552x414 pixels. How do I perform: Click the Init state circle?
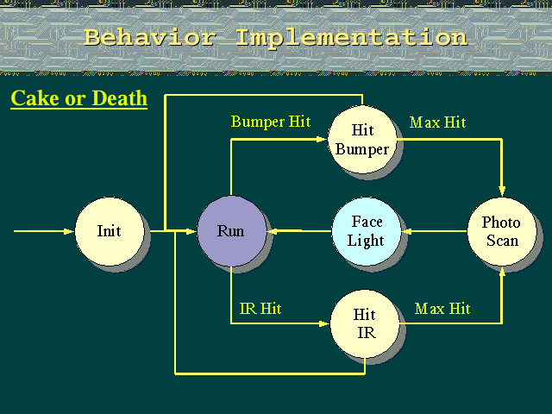tap(110, 231)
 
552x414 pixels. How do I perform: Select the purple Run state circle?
tap(232, 231)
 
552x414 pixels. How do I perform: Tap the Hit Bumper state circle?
tap(362, 140)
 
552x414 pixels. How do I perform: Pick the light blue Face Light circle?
tap(367, 231)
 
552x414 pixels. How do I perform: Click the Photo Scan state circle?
tap(502, 231)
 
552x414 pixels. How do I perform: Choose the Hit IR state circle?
tap(365, 323)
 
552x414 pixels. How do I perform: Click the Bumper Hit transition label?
tap(271, 122)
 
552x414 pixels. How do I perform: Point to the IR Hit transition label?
tap(260, 309)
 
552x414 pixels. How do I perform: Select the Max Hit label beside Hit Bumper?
tap(437, 122)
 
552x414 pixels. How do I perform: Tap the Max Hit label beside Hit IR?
tap(442, 309)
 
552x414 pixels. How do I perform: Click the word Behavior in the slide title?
tap(149, 37)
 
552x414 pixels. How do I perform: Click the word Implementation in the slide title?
tap(351, 37)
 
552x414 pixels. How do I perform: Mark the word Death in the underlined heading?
tap(120, 97)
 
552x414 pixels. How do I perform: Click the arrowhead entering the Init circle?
tap(69, 231)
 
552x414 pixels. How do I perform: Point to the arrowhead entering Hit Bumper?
tap(322, 140)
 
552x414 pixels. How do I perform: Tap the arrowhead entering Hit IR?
tap(324, 323)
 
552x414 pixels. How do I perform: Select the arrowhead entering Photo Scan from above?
tap(502, 191)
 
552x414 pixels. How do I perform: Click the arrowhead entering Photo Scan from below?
tap(502, 272)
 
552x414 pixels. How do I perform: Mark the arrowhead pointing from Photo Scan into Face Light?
tap(407, 231)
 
